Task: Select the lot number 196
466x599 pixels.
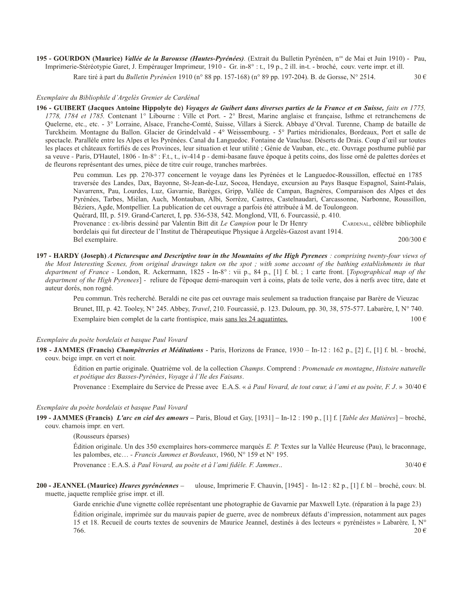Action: pyautogui.click(x=42, y=108)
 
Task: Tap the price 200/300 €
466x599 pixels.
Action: pyautogui.click(x=411, y=240)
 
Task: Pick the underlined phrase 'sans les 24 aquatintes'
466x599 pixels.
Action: pyautogui.click(x=256, y=319)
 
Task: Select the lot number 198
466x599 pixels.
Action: pyautogui.click(x=42, y=350)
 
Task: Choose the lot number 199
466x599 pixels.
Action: pyautogui.click(x=42, y=418)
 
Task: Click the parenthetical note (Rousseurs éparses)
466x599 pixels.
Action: pyautogui.click(x=101, y=436)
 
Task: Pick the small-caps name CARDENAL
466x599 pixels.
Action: pyautogui.click(x=355, y=224)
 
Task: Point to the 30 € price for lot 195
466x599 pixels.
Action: pyautogui.click(x=419, y=77)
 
